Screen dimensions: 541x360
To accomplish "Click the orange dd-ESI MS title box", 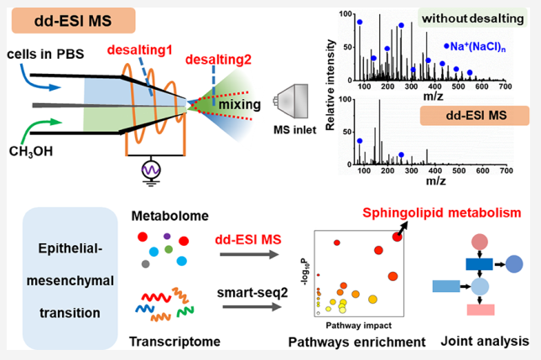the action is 74,21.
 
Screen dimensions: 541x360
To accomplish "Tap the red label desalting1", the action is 140,50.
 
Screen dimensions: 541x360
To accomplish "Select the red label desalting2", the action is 218,60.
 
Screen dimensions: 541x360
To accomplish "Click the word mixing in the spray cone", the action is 239,105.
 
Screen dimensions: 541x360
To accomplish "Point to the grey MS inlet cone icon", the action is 291,102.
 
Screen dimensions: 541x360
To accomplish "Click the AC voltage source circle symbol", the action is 151,170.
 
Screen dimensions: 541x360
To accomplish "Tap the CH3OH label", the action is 31,152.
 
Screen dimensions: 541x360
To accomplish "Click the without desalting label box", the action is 473,18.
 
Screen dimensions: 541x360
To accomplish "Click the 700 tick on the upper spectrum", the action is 505,86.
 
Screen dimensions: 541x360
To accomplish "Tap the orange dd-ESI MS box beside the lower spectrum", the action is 475,115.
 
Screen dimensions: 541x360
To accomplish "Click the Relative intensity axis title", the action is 330,85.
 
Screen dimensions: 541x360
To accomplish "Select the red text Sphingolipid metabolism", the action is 442,212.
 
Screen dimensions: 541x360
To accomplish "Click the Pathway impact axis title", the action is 358,326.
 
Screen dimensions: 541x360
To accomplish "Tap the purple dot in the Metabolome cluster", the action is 167,237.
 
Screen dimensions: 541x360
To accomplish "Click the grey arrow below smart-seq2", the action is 252,307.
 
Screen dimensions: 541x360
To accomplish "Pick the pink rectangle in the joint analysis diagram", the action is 481,310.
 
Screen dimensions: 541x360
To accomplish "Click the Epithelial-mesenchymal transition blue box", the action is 70,279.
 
